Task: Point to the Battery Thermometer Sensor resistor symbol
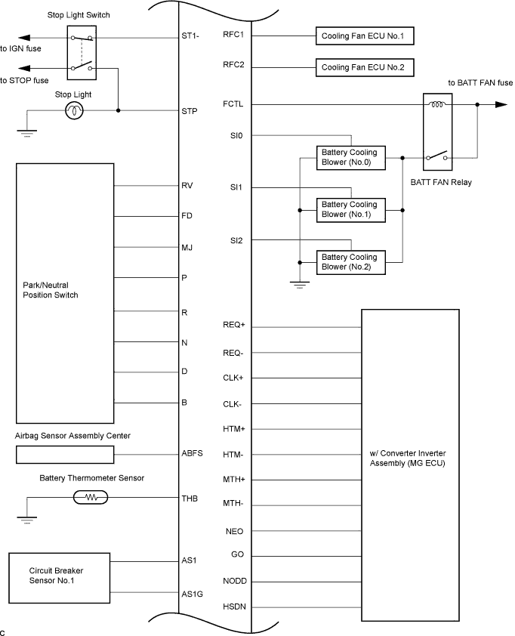91,497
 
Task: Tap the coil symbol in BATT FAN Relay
437,104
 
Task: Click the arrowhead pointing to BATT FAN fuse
501,105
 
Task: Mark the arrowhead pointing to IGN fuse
24,38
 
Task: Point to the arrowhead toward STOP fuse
24,68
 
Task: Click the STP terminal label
190,111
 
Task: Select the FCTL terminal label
233,103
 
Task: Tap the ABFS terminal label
193,453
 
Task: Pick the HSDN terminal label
234,607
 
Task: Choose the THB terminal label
190,498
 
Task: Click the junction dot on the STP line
118,110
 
